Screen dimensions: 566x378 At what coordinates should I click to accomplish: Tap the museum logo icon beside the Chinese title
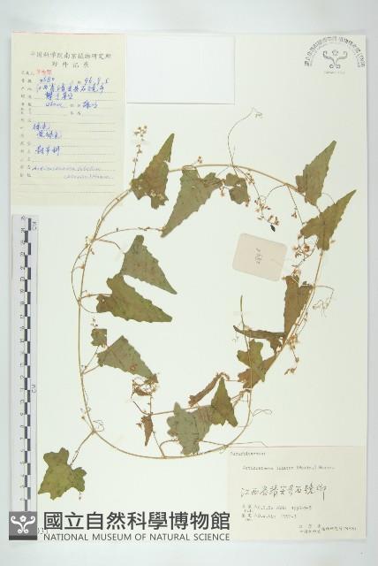tap(23, 525)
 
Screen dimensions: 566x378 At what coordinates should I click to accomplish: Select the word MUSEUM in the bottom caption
tap(124, 536)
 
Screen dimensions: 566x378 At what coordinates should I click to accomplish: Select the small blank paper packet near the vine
tap(260, 256)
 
